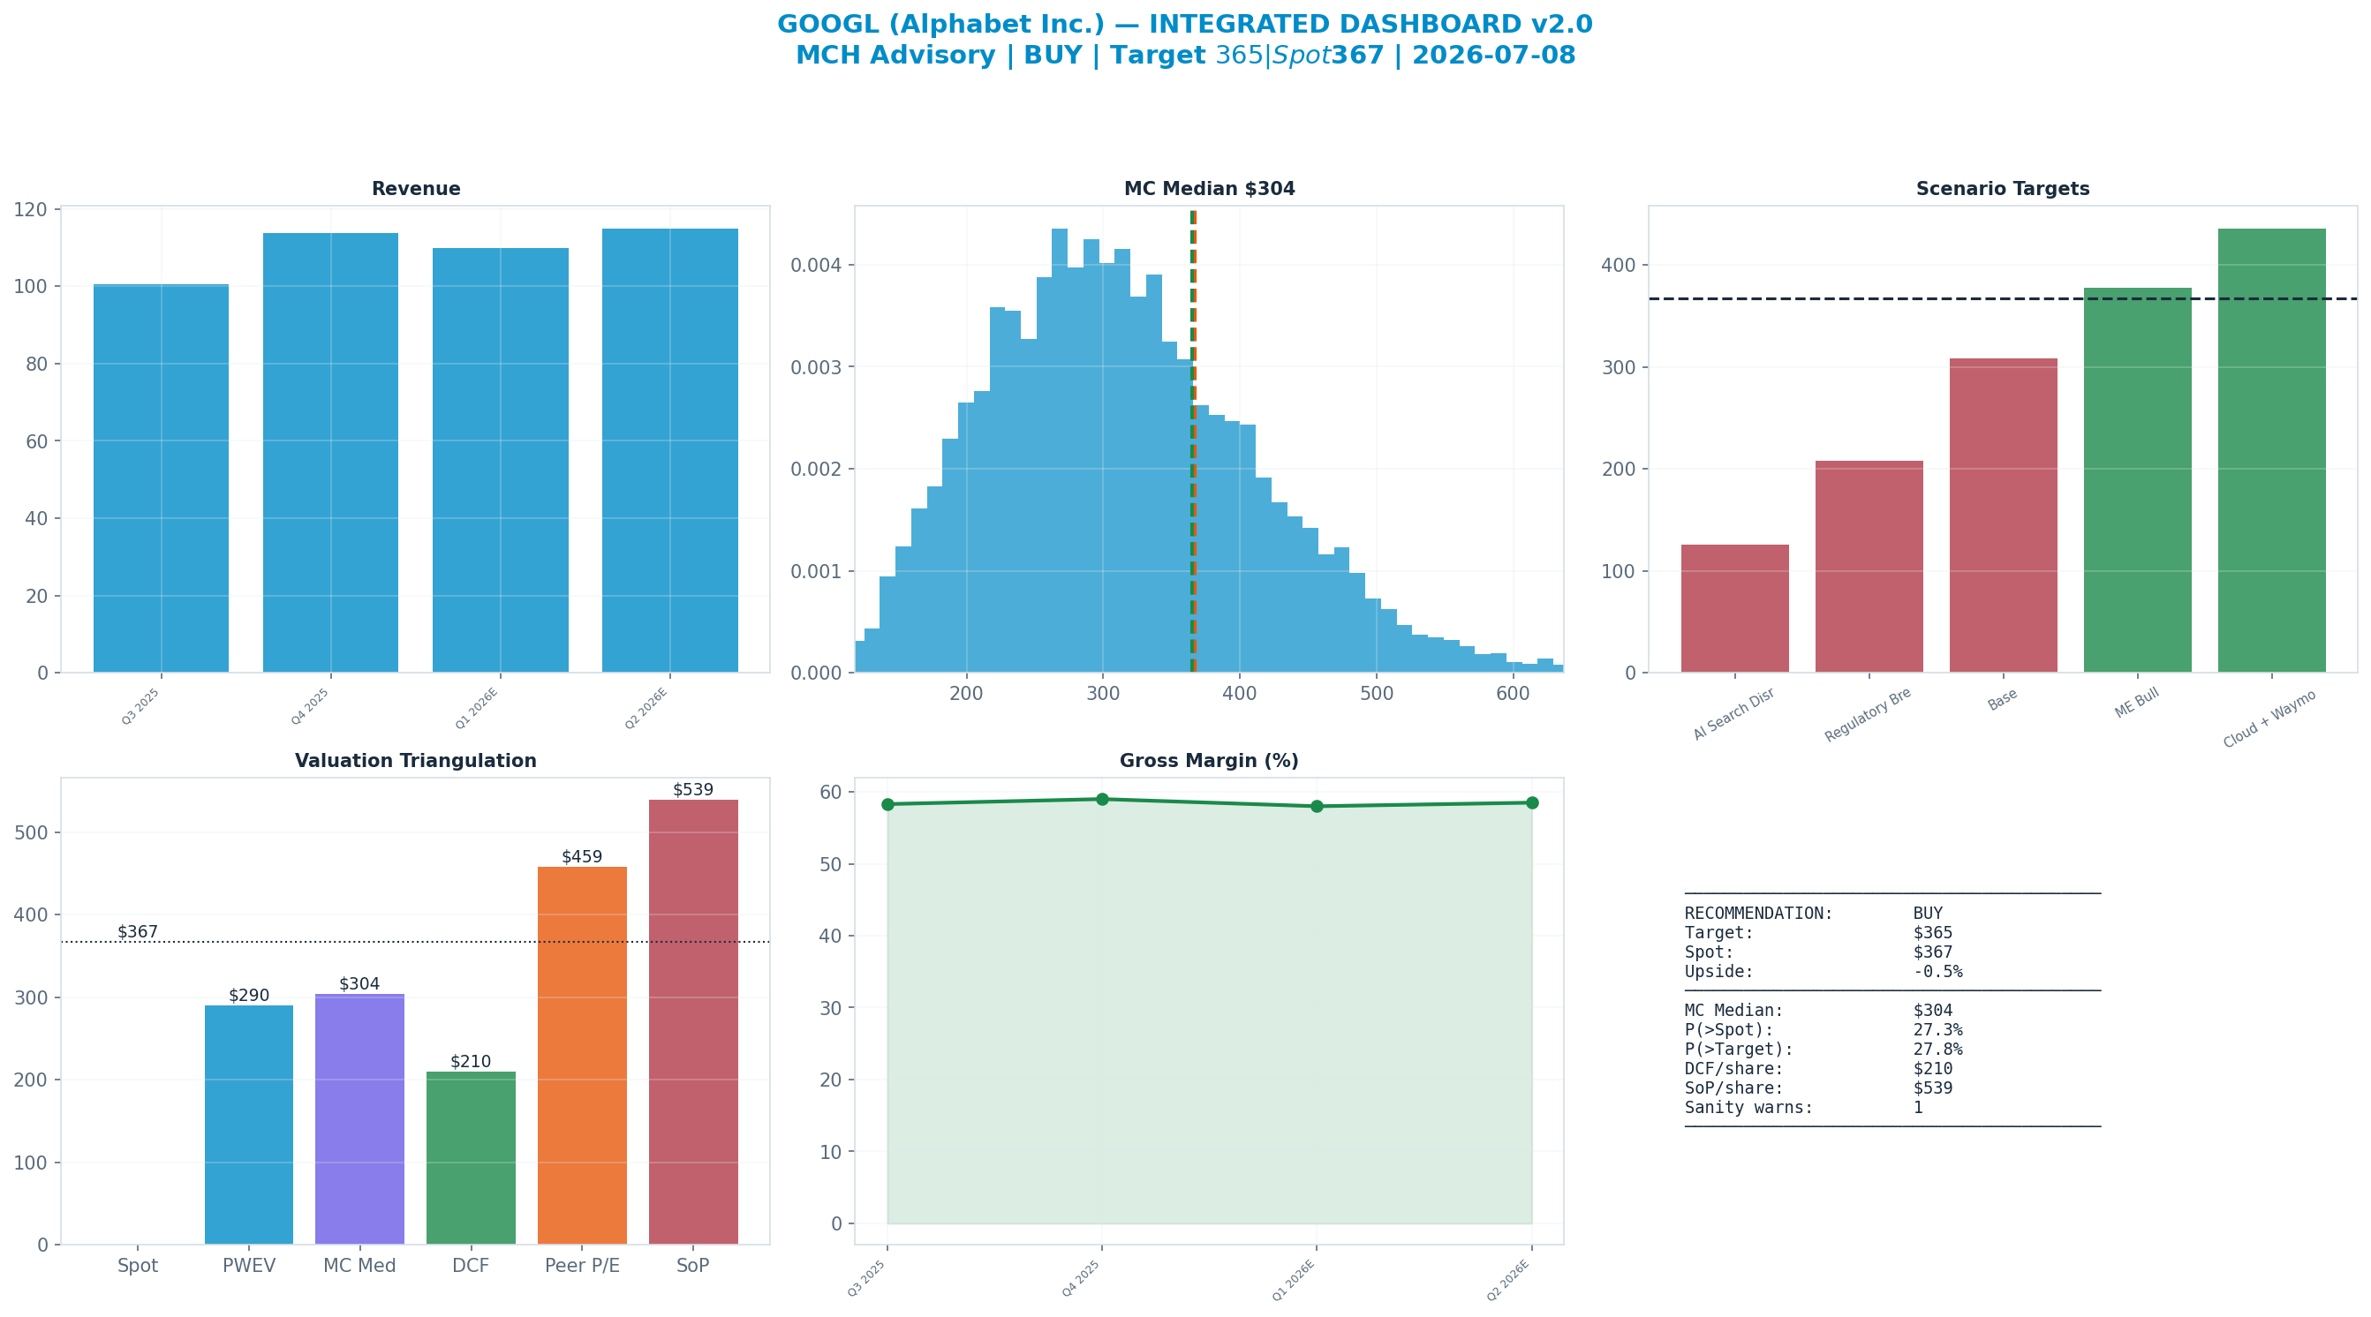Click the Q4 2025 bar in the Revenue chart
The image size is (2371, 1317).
330,453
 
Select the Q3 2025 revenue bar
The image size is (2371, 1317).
161,478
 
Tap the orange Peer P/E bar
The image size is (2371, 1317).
582,1056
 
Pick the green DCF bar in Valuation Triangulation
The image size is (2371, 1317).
471,1158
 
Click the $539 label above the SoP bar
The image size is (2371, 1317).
693,790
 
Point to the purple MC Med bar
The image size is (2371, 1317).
360,1119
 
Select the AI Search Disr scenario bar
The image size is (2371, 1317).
1735,608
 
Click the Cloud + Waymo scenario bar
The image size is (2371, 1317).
2271,451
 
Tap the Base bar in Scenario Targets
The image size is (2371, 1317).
2003,516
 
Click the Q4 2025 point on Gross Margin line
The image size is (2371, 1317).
1102,799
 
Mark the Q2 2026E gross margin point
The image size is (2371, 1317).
1531,802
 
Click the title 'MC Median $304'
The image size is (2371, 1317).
1210,189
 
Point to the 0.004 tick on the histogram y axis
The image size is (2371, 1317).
817,265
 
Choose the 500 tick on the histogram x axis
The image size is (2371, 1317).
1376,694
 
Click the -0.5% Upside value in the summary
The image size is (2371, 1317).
1937,972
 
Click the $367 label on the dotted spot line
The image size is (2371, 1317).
138,932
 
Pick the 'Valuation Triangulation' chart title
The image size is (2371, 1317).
415,761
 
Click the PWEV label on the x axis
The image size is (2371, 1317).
248,1266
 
